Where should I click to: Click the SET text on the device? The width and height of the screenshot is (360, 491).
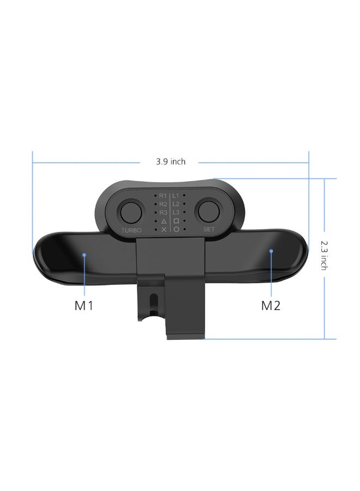(x=209, y=230)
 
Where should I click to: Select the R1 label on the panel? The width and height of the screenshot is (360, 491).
(x=163, y=195)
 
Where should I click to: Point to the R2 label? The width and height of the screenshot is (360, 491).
(x=163, y=203)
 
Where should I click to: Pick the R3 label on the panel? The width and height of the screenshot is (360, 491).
(x=163, y=212)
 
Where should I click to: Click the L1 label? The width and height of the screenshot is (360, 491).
(x=176, y=195)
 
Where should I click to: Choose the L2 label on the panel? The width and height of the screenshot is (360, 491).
(x=176, y=203)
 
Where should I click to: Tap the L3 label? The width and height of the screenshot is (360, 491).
(x=176, y=212)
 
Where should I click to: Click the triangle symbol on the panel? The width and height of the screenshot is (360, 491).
(x=164, y=221)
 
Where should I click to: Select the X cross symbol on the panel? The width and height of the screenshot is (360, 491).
(x=164, y=230)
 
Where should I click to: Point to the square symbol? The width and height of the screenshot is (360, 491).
(x=176, y=221)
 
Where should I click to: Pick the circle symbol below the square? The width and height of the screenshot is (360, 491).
(x=176, y=230)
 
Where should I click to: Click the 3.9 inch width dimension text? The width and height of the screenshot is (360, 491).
(x=170, y=161)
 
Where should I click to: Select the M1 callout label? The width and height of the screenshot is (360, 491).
(x=84, y=305)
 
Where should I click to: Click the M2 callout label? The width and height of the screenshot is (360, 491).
(x=271, y=305)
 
